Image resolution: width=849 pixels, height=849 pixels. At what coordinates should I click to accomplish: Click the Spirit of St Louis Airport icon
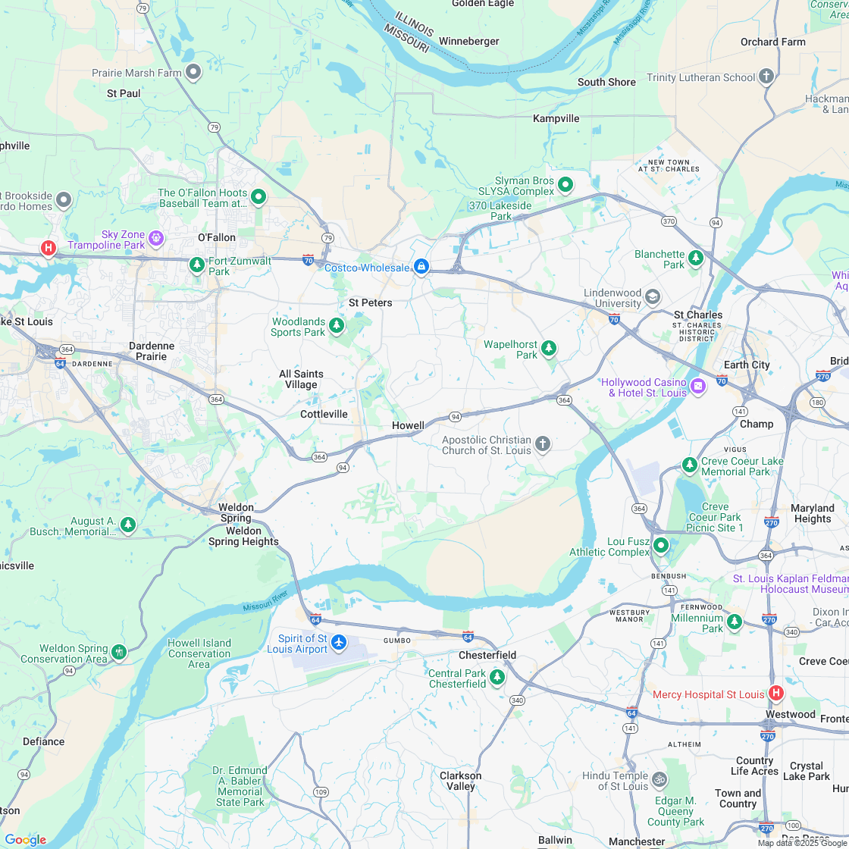click(338, 643)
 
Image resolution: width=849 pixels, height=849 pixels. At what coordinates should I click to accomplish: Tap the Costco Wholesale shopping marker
click(421, 267)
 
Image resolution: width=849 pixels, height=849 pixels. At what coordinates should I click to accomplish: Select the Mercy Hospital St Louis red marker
click(775, 693)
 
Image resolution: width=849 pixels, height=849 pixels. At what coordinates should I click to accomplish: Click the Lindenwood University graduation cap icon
click(652, 296)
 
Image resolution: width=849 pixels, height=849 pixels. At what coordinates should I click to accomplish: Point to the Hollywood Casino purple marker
click(698, 387)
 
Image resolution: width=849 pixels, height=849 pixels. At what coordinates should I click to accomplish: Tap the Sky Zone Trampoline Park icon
click(156, 239)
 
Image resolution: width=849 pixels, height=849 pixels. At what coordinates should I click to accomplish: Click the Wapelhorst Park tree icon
click(549, 348)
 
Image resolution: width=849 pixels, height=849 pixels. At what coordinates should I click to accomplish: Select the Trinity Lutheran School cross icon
click(766, 77)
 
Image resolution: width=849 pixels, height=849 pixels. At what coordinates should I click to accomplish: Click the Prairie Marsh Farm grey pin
click(193, 72)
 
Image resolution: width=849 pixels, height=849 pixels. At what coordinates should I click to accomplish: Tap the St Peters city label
click(371, 302)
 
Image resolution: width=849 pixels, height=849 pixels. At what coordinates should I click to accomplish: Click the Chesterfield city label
click(487, 655)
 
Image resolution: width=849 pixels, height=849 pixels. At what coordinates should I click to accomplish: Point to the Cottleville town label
click(324, 414)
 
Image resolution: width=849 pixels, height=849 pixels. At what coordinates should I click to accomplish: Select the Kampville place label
click(556, 118)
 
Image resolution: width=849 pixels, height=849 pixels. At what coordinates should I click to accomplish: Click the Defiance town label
click(43, 741)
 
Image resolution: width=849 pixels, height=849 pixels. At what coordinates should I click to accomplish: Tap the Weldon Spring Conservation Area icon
click(118, 652)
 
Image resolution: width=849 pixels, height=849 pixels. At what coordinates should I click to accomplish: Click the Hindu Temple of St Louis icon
click(659, 779)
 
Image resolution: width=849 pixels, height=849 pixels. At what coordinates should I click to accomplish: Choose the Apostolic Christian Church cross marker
click(542, 444)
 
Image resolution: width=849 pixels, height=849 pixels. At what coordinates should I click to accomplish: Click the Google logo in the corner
click(25, 839)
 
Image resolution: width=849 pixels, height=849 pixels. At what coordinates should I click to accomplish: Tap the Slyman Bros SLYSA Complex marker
click(565, 184)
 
